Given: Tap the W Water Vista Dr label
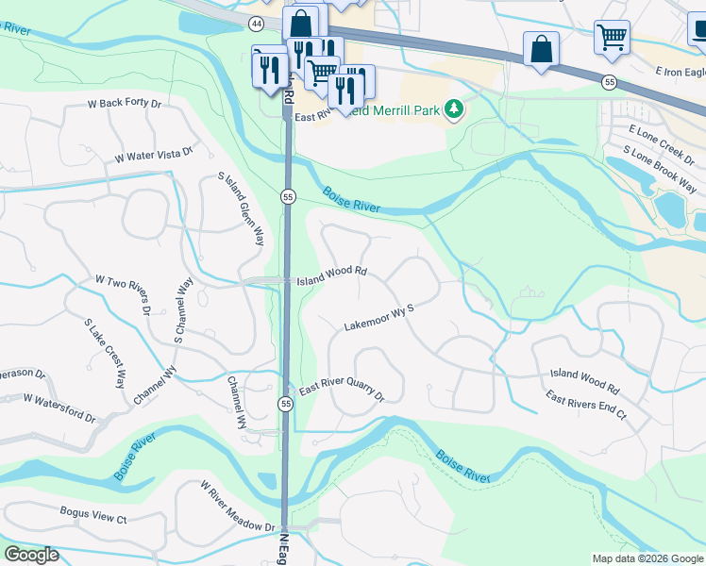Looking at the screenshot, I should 154,154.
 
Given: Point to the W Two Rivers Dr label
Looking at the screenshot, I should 124,294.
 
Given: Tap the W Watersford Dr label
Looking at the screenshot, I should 60,408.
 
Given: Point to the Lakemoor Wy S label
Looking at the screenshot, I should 379,316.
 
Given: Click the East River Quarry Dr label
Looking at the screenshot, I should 342,391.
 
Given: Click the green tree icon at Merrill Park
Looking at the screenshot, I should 455,110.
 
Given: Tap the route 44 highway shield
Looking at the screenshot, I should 257,22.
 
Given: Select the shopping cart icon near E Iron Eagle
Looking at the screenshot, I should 612,38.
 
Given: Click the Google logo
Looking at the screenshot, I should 30,555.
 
